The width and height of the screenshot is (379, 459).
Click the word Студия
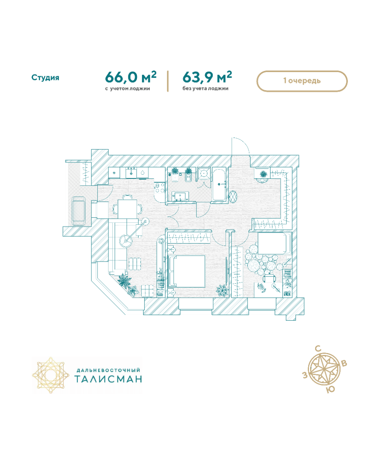(x=45, y=78)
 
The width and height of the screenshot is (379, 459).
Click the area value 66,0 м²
(x=131, y=77)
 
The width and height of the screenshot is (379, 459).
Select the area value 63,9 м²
(x=207, y=77)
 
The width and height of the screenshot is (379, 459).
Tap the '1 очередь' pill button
(x=302, y=81)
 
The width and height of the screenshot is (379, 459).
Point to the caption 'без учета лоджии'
(x=205, y=88)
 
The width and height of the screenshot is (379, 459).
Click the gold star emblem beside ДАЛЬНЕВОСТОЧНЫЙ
(x=51, y=375)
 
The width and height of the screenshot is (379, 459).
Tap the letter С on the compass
(x=318, y=349)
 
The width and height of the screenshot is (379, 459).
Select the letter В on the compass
(x=344, y=364)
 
